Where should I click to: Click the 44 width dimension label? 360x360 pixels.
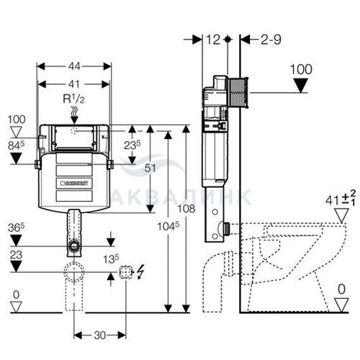(x=74, y=66)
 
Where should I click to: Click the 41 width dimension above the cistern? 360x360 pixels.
(x=74, y=84)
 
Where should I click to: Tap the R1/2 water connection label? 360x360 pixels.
(x=73, y=99)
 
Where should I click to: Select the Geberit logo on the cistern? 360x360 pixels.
(x=74, y=184)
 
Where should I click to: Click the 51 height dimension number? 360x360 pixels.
(x=150, y=168)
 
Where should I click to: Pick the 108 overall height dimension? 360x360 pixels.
(x=186, y=209)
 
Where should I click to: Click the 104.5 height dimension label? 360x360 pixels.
(x=168, y=226)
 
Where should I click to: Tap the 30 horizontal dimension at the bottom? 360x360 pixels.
(x=100, y=336)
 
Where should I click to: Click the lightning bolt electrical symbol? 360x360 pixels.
(x=140, y=271)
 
